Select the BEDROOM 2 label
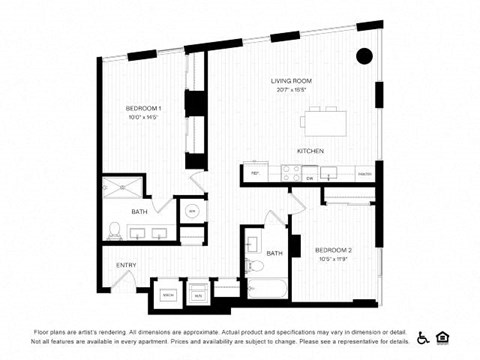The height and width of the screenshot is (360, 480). coord(333,249)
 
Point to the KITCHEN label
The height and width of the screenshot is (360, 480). coord(310,151)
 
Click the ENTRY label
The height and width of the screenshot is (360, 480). coord(126,265)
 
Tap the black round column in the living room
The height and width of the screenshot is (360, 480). coord(365,55)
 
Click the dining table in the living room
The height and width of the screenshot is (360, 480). coord(326,121)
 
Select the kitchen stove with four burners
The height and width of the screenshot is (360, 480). coord(289,174)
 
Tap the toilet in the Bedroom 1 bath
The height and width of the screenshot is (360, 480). coord(115,229)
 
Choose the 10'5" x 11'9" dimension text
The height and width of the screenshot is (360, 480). coord(332,259)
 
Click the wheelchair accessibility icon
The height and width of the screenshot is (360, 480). coord(423,337)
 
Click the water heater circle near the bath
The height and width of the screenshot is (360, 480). coord(192,211)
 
